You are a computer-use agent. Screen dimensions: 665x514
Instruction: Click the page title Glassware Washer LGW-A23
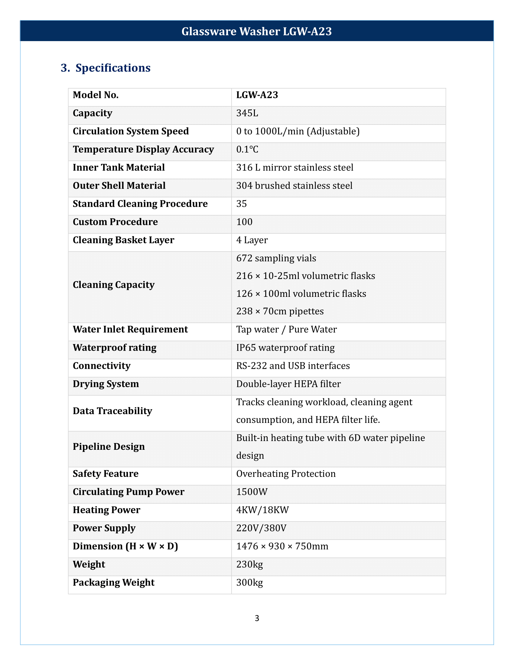[x=256, y=31]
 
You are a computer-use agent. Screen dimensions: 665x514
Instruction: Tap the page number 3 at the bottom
[x=257, y=618]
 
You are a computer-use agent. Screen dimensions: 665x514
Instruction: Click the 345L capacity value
[x=247, y=113]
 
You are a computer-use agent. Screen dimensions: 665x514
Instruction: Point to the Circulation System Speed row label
[x=131, y=131]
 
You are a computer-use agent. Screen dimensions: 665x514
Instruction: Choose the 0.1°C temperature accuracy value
[x=247, y=150]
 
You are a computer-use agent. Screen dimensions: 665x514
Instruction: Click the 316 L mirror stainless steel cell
[x=294, y=167]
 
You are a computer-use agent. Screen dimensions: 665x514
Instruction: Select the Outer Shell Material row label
[x=119, y=186]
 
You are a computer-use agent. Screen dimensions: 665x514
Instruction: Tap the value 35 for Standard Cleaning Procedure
[x=242, y=204]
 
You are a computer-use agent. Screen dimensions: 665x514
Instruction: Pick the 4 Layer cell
[x=252, y=240]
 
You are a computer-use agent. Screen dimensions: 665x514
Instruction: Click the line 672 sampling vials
[x=276, y=258]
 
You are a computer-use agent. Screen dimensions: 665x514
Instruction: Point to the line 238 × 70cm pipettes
[x=280, y=311]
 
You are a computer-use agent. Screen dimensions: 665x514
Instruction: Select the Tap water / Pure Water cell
[x=286, y=329]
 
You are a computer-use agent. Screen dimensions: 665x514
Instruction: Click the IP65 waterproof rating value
[x=285, y=348]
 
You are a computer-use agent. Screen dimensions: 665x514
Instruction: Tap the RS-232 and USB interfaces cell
[x=293, y=366]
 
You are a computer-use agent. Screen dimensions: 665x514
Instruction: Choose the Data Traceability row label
[x=112, y=411]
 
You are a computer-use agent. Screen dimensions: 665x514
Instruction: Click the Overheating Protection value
[x=286, y=474]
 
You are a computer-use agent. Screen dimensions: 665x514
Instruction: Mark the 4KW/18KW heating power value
[x=262, y=510]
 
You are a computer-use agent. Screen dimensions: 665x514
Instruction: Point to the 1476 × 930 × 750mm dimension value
[x=282, y=546]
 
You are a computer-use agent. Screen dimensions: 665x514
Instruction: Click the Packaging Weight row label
[x=114, y=582]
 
